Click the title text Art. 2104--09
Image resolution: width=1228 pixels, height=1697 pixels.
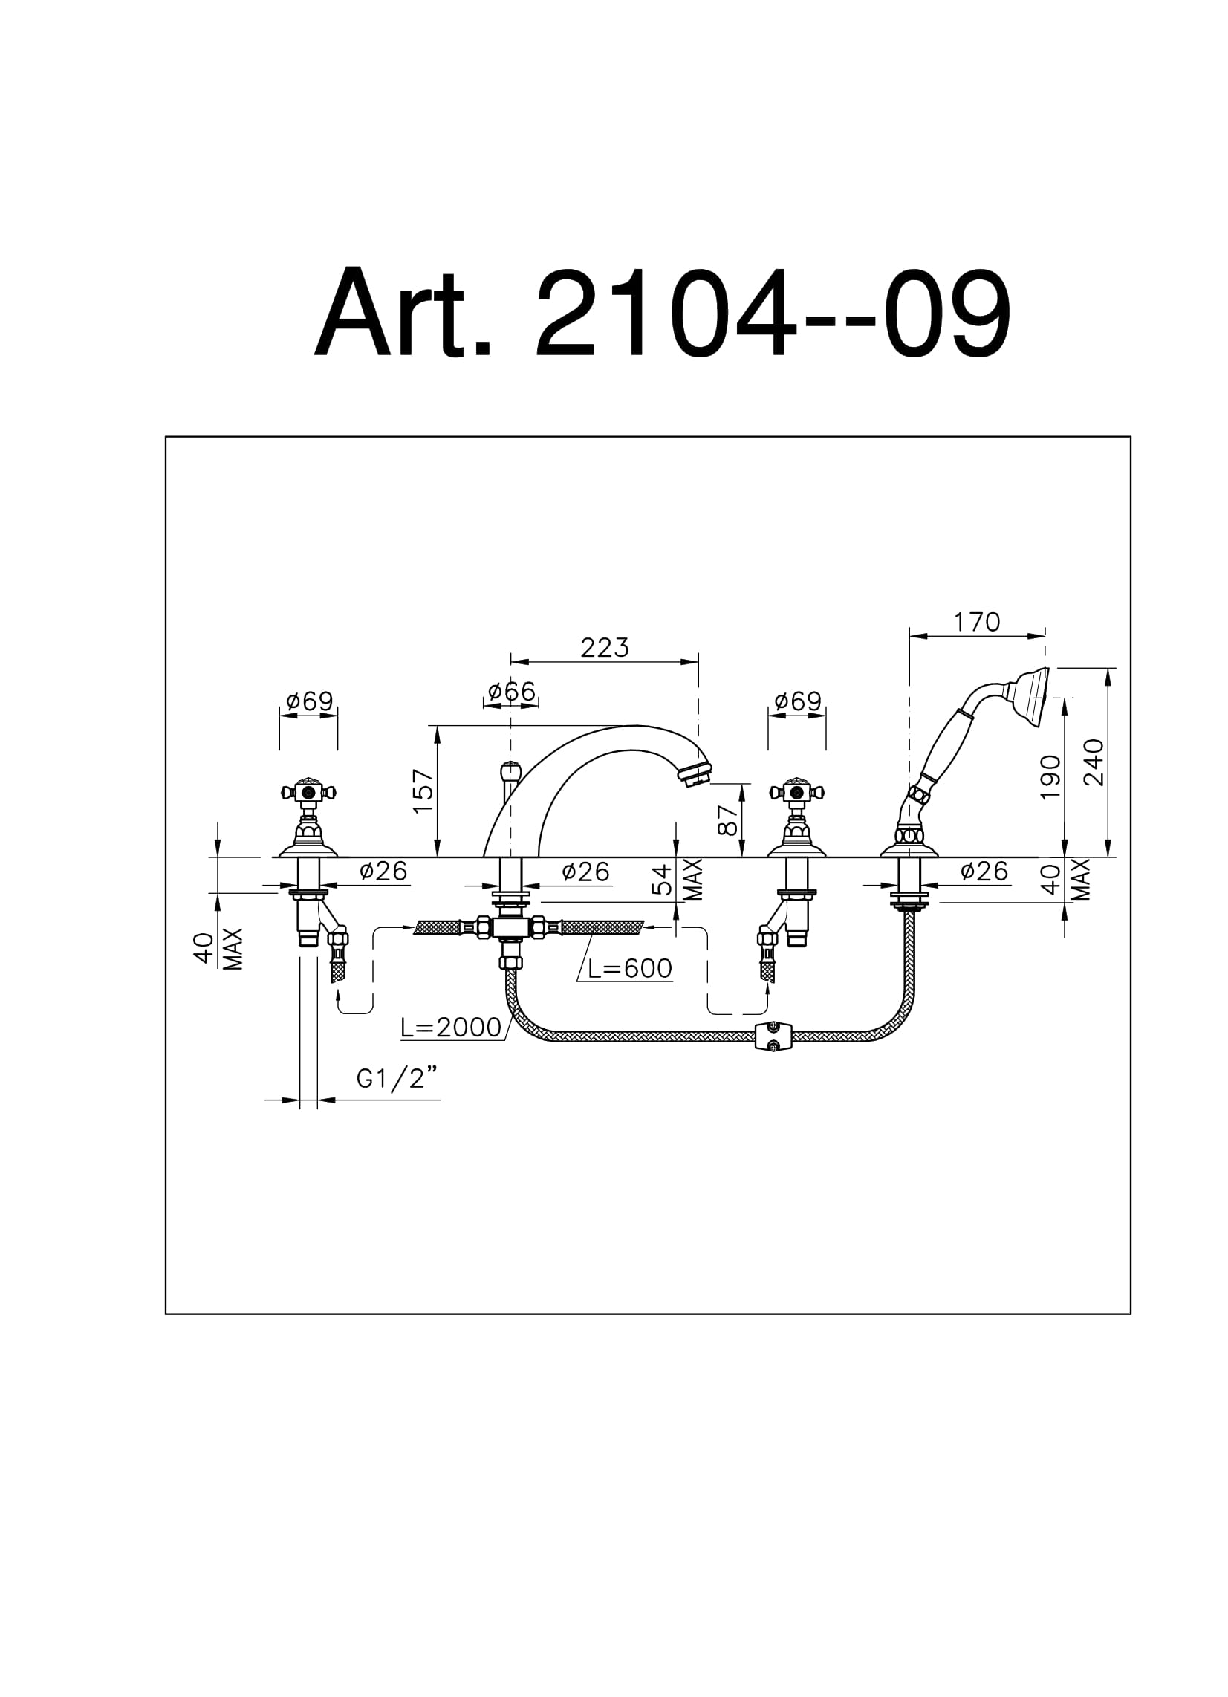coord(662,313)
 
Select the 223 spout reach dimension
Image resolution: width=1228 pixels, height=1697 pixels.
coord(605,647)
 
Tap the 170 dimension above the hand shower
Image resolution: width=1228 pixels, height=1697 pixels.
coord(977,622)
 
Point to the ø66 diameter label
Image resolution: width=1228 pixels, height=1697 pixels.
coord(511,692)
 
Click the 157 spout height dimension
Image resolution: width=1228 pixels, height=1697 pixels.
coord(423,791)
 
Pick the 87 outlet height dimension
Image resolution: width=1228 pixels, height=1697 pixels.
coord(727,820)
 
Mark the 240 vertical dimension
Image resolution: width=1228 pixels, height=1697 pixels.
coord(1094,762)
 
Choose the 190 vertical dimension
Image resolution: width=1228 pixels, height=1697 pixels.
coord(1050,776)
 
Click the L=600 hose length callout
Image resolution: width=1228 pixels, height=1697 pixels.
coord(629,968)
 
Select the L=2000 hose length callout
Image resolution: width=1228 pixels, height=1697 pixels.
coord(450,1028)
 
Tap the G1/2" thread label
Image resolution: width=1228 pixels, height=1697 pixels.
coord(397,1078)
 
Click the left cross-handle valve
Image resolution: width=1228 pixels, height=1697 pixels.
coord(308,818)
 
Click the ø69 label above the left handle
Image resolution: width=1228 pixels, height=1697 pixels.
coord(309,701)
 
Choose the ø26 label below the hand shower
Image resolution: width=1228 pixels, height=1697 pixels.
coord(984,871)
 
